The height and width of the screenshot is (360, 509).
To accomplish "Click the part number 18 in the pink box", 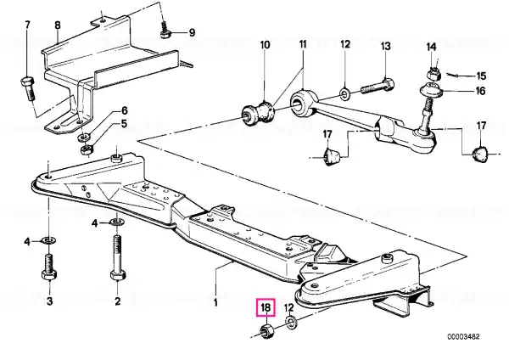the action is [266, 307].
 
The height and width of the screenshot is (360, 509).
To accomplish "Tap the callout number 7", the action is [27, 25].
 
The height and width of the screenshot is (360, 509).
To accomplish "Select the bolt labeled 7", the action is [28, 87].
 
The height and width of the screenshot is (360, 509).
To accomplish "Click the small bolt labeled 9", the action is [165, 30].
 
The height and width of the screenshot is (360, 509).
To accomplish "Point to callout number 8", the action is [58, 25].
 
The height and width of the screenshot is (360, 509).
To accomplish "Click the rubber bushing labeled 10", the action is [259, 113].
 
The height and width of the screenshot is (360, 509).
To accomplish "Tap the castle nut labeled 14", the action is [433, 74].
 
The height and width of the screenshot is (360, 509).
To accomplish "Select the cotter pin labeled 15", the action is [453, 76].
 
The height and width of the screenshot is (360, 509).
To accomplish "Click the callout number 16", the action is [480, 91].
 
